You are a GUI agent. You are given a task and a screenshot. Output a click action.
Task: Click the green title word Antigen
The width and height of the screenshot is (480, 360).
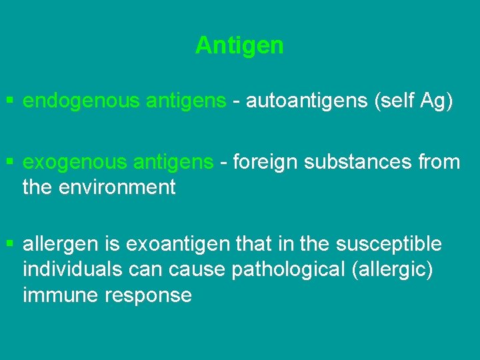[x=239, y=45]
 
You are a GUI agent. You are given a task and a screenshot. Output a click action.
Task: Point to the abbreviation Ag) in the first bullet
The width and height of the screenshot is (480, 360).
[x=436, y=101]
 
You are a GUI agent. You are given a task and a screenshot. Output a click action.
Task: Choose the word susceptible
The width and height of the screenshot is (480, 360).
[x=389, y=245]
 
